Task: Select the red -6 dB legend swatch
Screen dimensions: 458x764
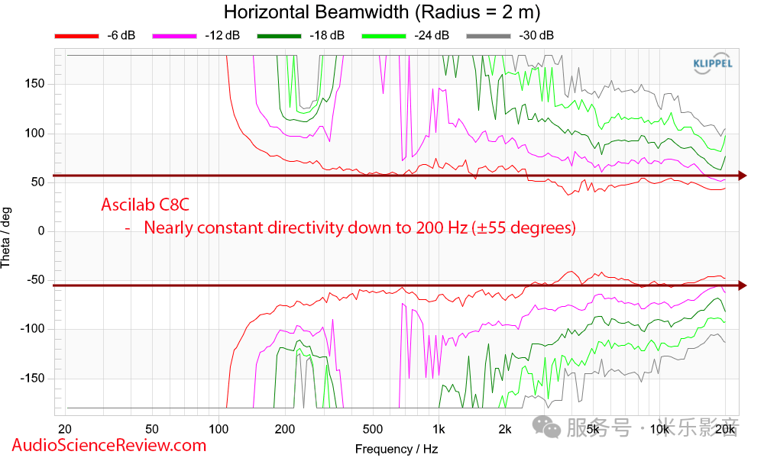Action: coord(76,36)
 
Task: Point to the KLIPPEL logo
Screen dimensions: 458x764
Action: coord(712,63)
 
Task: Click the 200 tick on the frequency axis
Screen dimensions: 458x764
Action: coord(285,429)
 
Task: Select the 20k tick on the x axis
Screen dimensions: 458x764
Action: coord(725,429)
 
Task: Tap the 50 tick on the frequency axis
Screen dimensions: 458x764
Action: coord(152,429)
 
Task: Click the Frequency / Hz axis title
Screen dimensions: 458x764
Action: coord(397,449)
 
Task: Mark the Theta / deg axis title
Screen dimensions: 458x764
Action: coord(7,231)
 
